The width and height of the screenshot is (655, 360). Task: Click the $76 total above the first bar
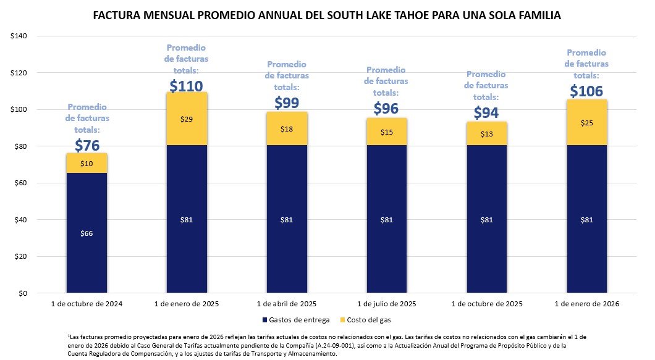coord(87,145)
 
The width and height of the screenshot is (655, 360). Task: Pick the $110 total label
coord(186,86)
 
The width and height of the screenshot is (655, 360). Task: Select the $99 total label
coord(287,103)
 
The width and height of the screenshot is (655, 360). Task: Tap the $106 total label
coord(586,91)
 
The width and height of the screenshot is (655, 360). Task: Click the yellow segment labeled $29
coord(187,119)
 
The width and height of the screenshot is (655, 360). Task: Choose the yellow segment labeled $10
coord(87,163)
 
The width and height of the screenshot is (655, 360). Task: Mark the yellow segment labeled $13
coord(486,134)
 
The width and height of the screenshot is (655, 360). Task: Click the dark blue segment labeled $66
coord(87,233)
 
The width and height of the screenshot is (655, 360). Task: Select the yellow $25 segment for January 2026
coord(586,123)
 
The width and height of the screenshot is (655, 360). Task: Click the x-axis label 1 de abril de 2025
coord(287,304)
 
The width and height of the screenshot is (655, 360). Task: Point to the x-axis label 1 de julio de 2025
coord(387,304)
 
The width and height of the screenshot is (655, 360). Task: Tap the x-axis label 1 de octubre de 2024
coord(87,304)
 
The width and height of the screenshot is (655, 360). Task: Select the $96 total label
coord(387,109)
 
